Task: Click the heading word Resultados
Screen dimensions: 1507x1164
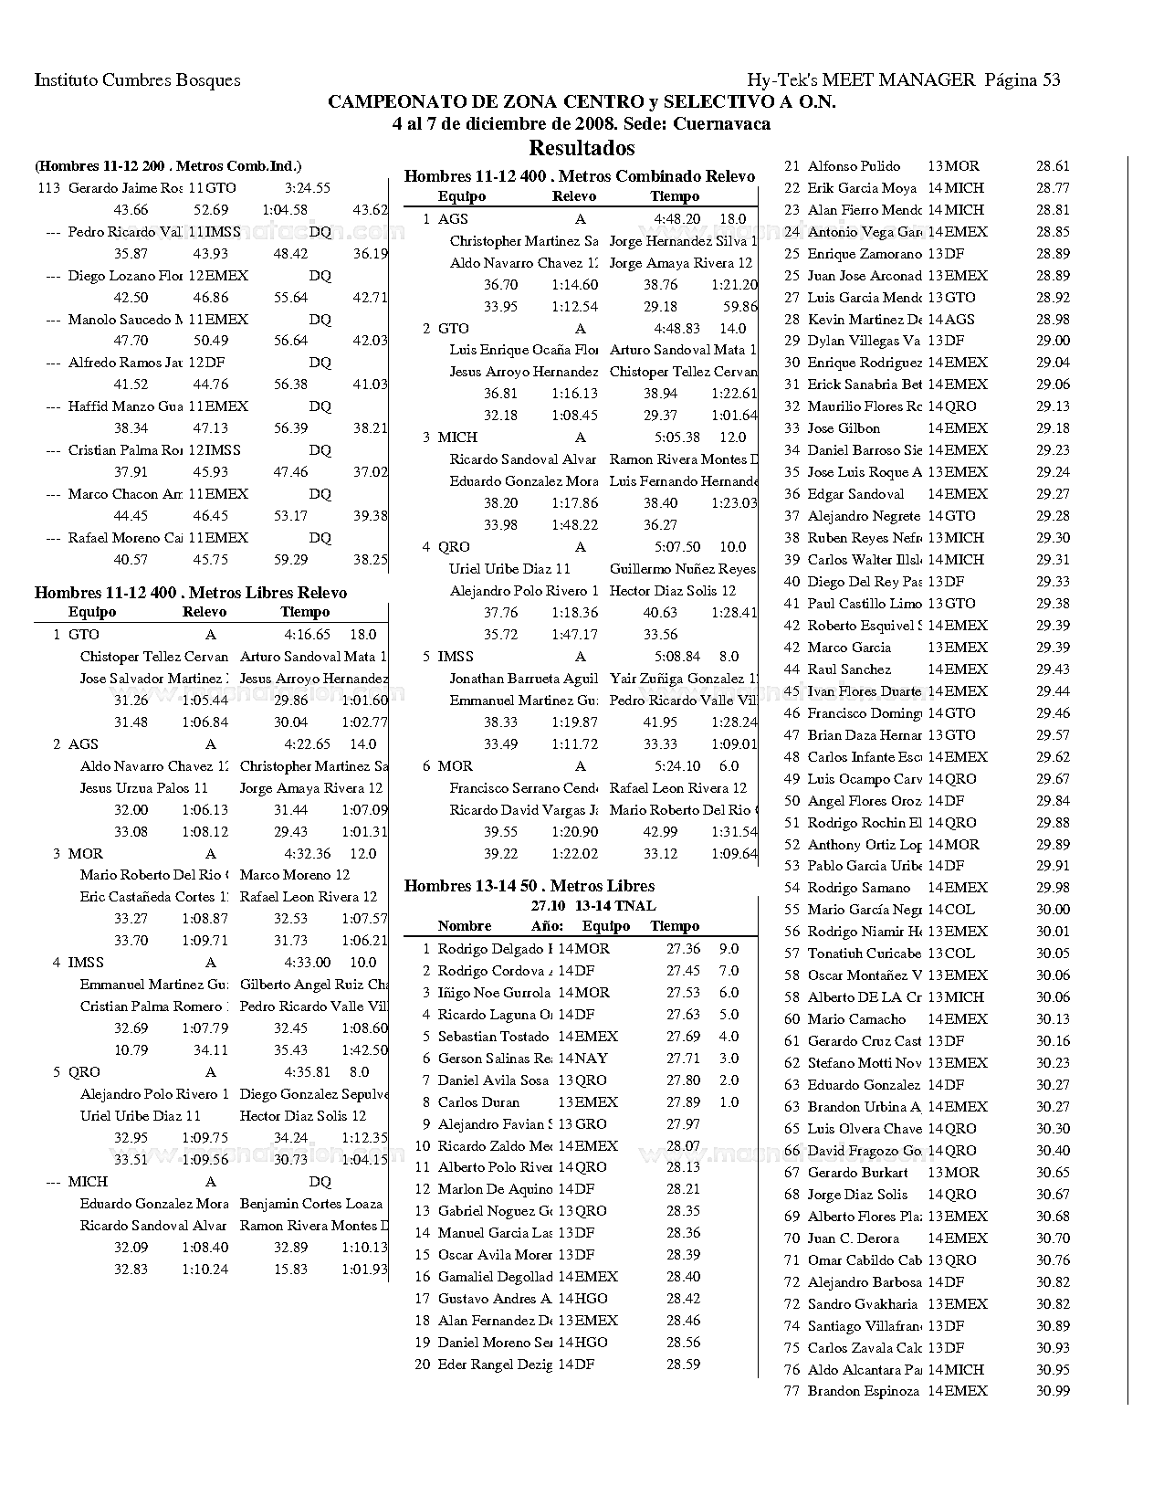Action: [x=582, y=148]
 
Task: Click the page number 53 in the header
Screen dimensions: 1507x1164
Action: [x=1050, y=79]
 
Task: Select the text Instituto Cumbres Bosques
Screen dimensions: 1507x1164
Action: [x=137, y=79]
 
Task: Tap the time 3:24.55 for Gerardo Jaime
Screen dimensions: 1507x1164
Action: [x=307, y=188]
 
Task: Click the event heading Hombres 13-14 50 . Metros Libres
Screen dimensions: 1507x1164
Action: [x=530, y=886]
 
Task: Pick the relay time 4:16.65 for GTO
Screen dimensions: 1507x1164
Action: [x=307, y=635]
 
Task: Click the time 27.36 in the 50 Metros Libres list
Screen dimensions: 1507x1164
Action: [x=683, y=949]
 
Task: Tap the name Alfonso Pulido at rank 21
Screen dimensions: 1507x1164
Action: [x=854, y=166]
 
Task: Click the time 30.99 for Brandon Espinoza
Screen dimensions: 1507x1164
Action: [x=1053, y=1391]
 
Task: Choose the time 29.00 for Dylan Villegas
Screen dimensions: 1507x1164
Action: [x=1053, y=341]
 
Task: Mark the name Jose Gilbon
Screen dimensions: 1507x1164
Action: [x=844, y=428]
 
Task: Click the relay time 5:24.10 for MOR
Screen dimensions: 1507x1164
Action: [x=677, y=766]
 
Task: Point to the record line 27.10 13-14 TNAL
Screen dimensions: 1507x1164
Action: [x=593, y=906]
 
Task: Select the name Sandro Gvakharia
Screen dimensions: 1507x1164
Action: [x=863, y=1304]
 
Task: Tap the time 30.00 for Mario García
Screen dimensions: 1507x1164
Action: [x=1053, y=910]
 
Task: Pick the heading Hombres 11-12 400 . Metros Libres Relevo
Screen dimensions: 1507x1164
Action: [x=191, y=593]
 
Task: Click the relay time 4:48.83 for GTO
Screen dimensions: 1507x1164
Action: [x=677, y=329]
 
